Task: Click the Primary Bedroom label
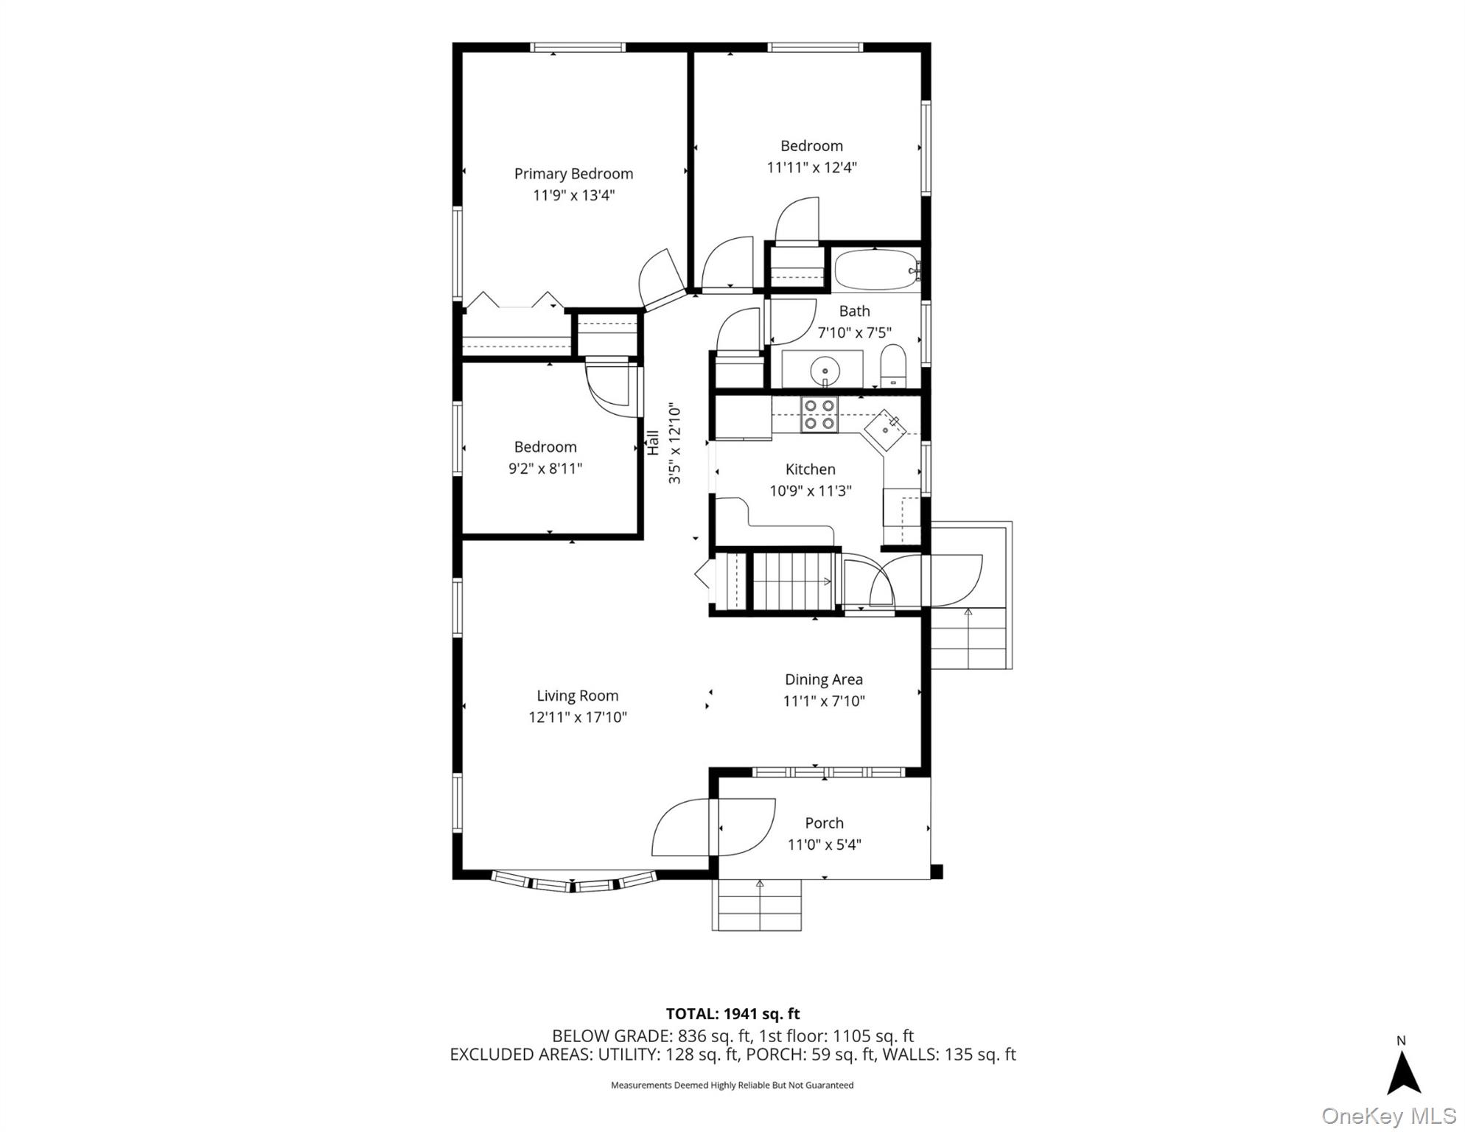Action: click(x=573, y=174)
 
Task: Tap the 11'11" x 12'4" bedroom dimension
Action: click(x=811, y=167)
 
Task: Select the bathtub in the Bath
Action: click(x=875, y=270)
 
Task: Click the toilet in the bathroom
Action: click(x=893, y=366)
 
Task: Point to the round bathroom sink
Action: click(x=825, y=370)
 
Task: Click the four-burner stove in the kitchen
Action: click(x=819, y=415)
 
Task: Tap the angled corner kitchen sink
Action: click(x=886, y=430)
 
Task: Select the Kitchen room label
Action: click(x=810, y=469)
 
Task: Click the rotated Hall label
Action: click(x=653, y=443)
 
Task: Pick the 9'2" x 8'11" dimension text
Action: click(x=545, y=469)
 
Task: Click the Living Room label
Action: click(x=577, y=696)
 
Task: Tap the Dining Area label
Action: click(x=823, y=679)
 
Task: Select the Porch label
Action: click(x=824, y=823)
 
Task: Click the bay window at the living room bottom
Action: click(x=573, y=881)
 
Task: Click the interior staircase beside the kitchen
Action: click(x=792, y=581)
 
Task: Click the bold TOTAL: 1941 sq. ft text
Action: click(x=732, y=1014)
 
